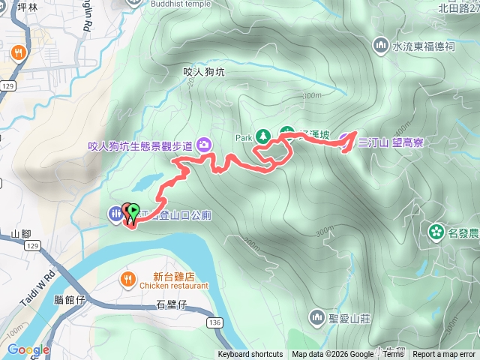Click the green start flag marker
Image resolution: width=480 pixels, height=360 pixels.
click(133, 213)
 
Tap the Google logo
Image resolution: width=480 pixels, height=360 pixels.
click(28, 349)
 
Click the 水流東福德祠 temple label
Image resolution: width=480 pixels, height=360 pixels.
click(424, 46)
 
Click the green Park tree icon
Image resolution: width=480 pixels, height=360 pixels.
click(262, 137)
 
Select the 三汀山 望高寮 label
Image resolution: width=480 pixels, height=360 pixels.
click(391, 140)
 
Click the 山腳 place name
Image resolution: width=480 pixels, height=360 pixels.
click(21, 234)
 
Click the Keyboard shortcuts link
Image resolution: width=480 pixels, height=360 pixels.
click(250, 355)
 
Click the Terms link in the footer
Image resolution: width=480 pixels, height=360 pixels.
click(393, 355)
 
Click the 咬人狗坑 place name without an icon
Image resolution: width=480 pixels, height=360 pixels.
click(204, 72)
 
